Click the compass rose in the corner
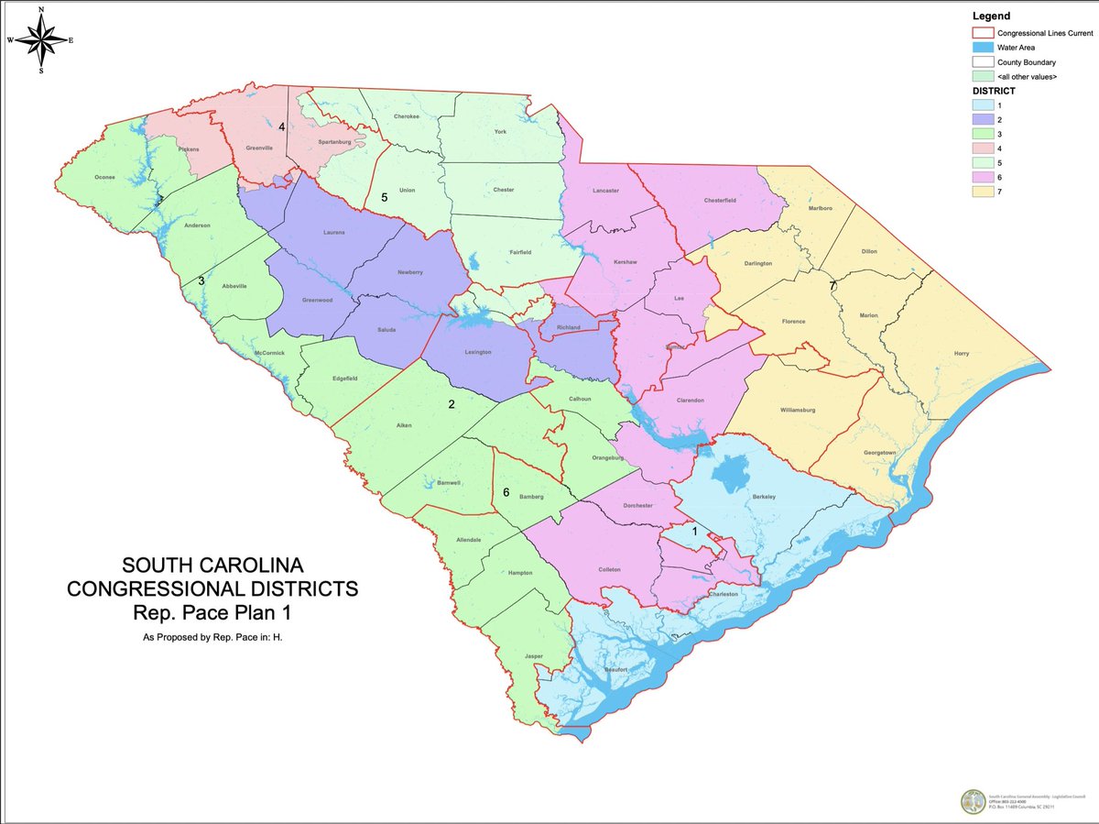(x=41, y=39)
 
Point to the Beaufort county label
(x=615, y=669)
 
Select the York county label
(x=499, y=132)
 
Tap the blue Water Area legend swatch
(x=982, y=47)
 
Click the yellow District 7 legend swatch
(x=982, y=192)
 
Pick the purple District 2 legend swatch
(x=982, y=119)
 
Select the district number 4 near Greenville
(x=282, y=126)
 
